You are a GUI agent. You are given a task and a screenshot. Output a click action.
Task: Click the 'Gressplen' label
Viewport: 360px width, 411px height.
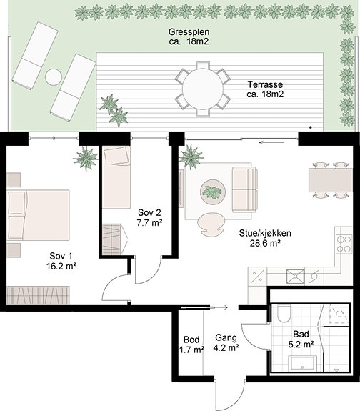(189, 32)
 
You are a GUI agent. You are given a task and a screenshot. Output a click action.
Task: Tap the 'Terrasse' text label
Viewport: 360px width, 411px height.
(265, 84)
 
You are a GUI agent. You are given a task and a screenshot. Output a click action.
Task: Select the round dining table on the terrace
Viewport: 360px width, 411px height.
(203, 89)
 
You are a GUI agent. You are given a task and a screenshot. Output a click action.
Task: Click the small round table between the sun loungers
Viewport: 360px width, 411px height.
(54, 76)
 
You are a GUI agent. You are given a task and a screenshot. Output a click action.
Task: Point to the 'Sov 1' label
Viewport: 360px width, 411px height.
(61, 256)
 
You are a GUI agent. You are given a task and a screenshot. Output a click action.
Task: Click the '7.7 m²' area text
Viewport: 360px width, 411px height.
(149, 223)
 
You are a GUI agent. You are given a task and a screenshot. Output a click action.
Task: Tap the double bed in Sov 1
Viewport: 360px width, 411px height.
(39, 215)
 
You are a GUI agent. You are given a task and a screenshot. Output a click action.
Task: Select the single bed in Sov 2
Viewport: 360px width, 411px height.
(116, 177)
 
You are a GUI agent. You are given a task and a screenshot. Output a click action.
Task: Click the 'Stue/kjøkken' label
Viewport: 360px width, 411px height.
(265, 233)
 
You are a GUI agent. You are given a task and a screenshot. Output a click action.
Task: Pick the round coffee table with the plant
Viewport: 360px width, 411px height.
(213, 192)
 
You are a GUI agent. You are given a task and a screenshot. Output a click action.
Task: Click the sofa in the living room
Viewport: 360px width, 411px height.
(245, 189)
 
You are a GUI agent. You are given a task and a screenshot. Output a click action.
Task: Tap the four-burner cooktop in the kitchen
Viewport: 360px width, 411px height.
(344, 244)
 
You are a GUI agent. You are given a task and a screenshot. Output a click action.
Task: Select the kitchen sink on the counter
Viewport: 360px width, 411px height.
(295, 277)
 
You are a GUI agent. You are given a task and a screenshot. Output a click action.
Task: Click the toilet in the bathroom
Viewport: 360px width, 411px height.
(284, 314)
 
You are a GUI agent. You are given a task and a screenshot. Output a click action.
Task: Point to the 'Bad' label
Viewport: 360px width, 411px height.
(301, 334)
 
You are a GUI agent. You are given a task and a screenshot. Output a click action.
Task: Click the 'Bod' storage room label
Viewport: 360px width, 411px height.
(191, 340)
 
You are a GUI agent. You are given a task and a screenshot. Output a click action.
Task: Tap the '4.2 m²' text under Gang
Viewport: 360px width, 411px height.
(226, 347)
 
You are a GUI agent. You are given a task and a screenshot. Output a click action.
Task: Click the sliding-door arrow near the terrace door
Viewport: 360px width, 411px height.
(271, 142)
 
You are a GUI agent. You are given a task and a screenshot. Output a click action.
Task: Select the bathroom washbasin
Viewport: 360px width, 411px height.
(303, 363)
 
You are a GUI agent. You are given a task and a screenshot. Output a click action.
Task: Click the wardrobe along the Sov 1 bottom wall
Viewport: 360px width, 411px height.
(39, 295)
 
